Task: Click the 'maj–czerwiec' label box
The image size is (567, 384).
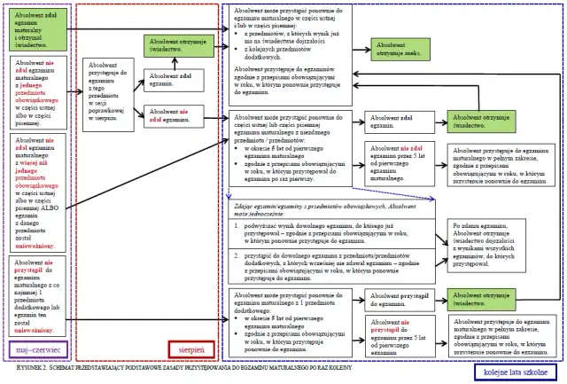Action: point(34,351)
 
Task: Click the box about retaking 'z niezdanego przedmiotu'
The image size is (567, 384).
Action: point(291,146)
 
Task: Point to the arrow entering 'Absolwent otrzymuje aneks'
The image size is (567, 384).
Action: point(359,49)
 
